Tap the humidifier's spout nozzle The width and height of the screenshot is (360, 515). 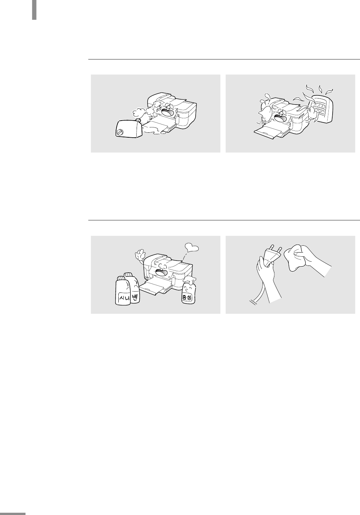(139, 120)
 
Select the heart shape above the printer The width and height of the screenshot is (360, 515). (192, 248)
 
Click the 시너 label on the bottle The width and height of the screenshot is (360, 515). (124, 298)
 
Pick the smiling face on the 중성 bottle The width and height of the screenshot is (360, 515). (188, 288)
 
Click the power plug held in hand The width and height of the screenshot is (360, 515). (272, 255)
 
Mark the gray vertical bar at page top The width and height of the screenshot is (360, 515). (34, 10)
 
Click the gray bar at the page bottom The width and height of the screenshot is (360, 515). (13, 513)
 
